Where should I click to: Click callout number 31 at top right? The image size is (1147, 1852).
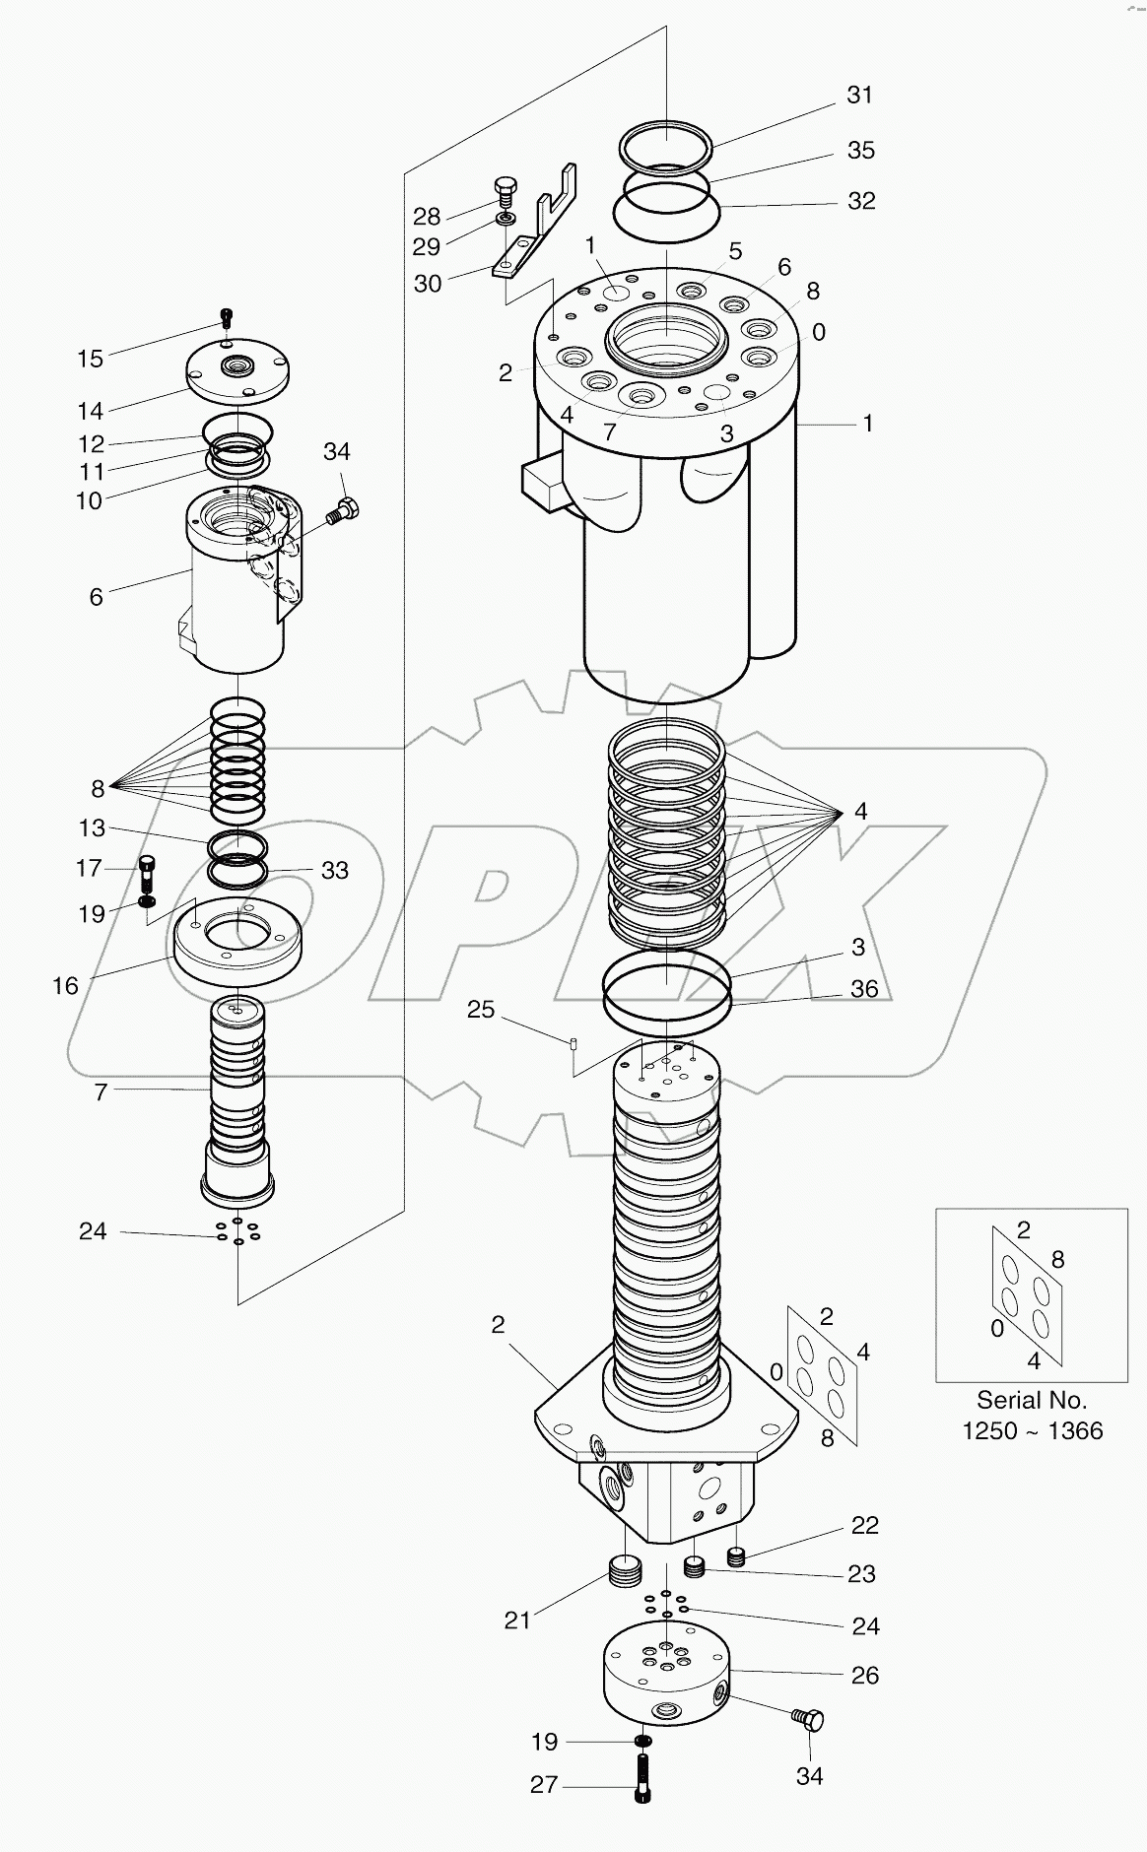tap(859, 95)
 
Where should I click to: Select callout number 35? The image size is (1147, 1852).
tap(860, 150)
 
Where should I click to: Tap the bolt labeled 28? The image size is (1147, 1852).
tap(504, 189)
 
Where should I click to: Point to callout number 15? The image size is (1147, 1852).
tap(90, 359)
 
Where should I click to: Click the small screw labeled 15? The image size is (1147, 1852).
tap(227, 318)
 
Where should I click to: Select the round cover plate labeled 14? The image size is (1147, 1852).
tap(237, 371)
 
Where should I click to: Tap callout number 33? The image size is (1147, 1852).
tap(335, 870)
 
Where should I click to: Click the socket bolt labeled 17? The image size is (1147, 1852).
tap(148, 872)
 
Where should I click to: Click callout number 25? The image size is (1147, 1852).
tap(480, 1010)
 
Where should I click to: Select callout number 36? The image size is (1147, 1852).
tap(863, 988)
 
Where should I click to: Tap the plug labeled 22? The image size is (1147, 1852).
tap(735, 1556)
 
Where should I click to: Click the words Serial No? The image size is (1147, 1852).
tap(1031, 1399)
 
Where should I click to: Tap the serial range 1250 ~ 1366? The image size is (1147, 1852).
tap(1032, 1430)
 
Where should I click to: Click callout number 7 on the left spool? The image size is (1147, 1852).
tap(100, 1091)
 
